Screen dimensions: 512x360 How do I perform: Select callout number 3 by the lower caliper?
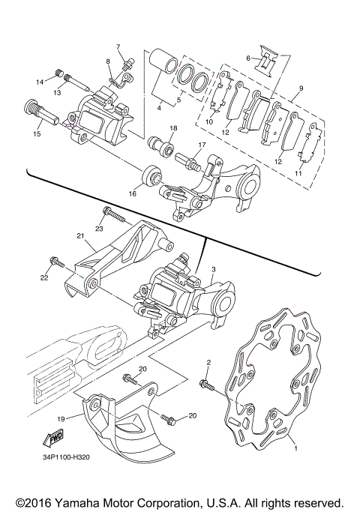[x=213, y=269]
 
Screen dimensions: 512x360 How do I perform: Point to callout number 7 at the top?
[x=117, y=46]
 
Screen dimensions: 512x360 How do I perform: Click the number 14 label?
[x=40, y=82]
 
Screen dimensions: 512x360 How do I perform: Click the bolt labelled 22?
[x=54, y=263]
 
